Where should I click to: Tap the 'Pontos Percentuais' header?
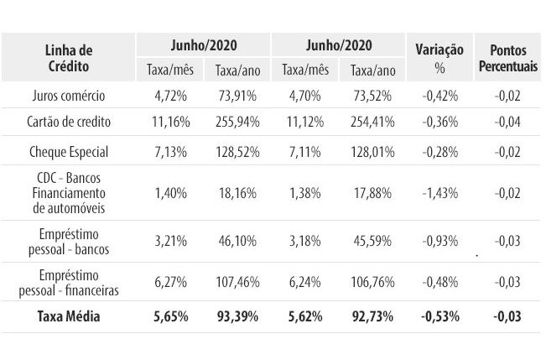(x=508, y=58)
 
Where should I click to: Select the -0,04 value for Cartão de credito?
(x=508, y=122)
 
